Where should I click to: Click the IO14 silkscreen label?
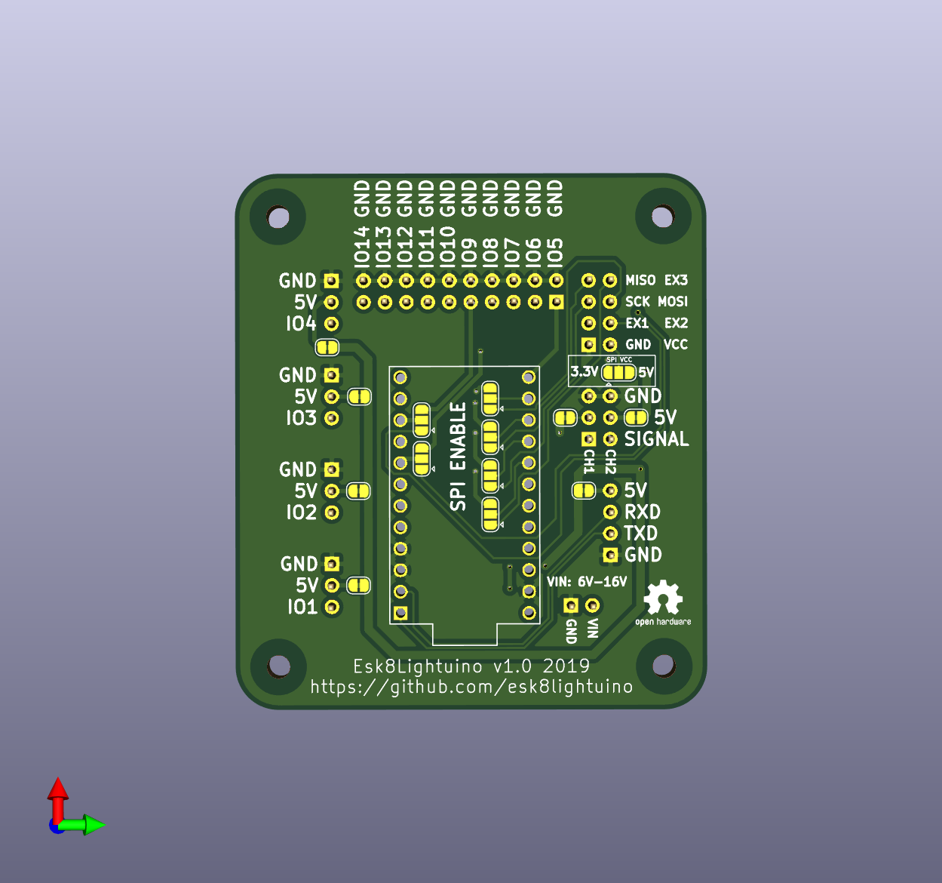362,245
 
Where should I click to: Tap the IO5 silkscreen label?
555,251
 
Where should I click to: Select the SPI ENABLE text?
459,457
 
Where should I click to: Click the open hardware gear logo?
663,597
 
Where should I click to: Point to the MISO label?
640,280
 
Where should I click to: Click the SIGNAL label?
656,439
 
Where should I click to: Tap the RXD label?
643,512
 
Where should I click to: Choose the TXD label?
641,533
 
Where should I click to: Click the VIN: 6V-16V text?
587,582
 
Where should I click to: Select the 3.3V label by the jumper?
584,371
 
